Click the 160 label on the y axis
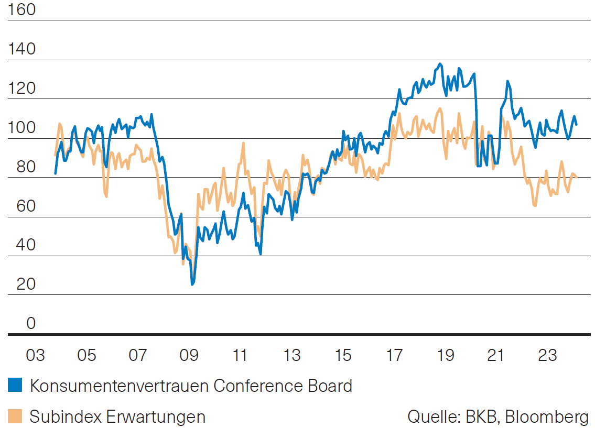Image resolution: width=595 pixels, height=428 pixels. click(x=23, y=10)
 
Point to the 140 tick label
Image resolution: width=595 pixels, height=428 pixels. click(x=23, y=49)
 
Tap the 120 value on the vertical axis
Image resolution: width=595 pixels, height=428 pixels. click(x=23, y=89)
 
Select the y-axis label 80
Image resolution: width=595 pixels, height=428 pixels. click(x=23, y=167)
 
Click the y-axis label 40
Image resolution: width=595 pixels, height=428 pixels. click(x=23, y=245)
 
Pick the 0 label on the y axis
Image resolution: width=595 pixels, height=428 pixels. click(x=30, y=324)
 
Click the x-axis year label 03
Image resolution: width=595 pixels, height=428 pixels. click(x=35, y=356)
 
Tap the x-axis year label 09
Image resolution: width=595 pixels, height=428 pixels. click(x=189, y=356)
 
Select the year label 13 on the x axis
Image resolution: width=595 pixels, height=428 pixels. click(x=291, y=356)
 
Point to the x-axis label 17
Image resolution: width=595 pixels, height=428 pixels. click(x=394, y=356)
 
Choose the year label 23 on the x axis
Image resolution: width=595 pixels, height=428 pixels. click(x=548, y=356)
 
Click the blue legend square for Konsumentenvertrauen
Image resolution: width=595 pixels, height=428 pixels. click(x=15, y=386)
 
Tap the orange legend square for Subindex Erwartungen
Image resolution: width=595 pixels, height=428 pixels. click(x=15, y=417)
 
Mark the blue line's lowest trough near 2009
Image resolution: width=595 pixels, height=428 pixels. click(x=192, y=284)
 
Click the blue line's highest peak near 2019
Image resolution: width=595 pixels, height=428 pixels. click(x=440, y=64)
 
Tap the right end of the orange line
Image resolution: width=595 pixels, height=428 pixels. click(x=577, y=177)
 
